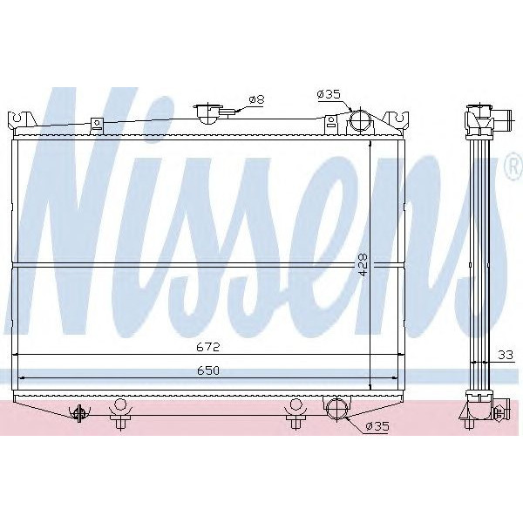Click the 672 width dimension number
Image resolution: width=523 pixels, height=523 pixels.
coord(207,347)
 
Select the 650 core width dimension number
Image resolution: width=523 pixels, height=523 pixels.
coord(207,370)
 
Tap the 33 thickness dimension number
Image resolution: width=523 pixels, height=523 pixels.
coord(505,355)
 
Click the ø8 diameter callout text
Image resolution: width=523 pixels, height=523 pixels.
coord(256,100)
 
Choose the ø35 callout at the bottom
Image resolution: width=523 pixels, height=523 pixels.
coord(376,426)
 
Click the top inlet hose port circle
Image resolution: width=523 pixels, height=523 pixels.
coord(359,123)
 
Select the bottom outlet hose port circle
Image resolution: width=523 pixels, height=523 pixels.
coord(336,407)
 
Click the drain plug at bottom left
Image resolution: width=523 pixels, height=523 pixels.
coord(80,413)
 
